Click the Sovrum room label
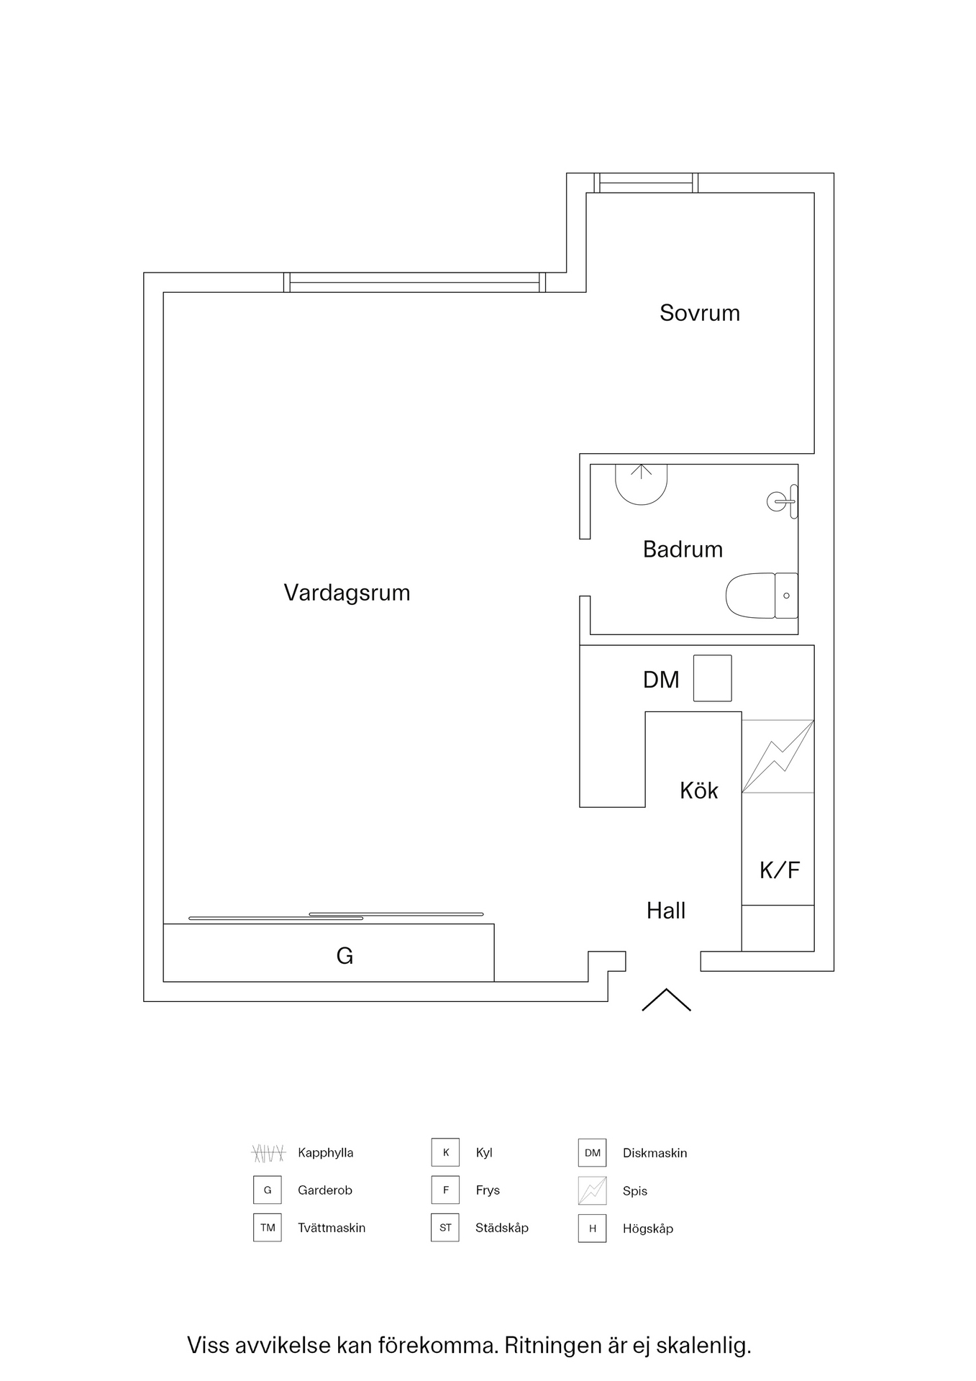pyautogui.click(x=699, y=313)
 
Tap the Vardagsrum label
pyautogui.click(x=347, y=593)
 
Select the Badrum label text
pyautogui.click(x=683, y=550)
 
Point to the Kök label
pyautogui.click(x=698, y=790)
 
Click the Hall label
pyautogui.click(x=665, y=911)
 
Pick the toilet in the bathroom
pyautogui.click(x=761, y=596)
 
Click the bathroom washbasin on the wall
pyautogui.click(x=782, y=501)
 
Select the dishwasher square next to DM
pyautogui.click(x=712, y=678)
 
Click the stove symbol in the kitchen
pyautogui.click(x=777, y=757)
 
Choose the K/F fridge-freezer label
pyautogui.click(x=779, y=870)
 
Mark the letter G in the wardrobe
pyautogui.click(x=345, y=956)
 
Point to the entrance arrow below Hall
pyautogui.click(x=666, y=1000)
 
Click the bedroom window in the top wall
pyautogui.click(x=645, y=183)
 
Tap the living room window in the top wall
pyautogui.click(x=414, y=283)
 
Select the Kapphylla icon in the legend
pyautogui.click(x=268, y=1153)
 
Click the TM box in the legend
pyautogui.click(x=268, y=1228)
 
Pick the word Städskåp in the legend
pyautogui.click(x=501, y=1228)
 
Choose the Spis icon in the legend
pyautogui.click(x=592, y=1190)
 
